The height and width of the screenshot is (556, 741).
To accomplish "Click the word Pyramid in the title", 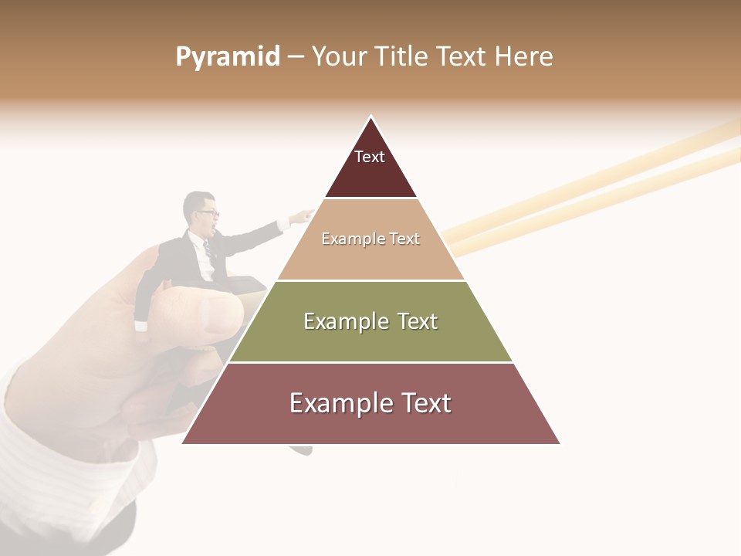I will tap(228, 57).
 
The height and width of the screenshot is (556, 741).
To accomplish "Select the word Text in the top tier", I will tap(370, 157).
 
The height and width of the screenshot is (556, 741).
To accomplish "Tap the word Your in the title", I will tap(337, 57).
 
